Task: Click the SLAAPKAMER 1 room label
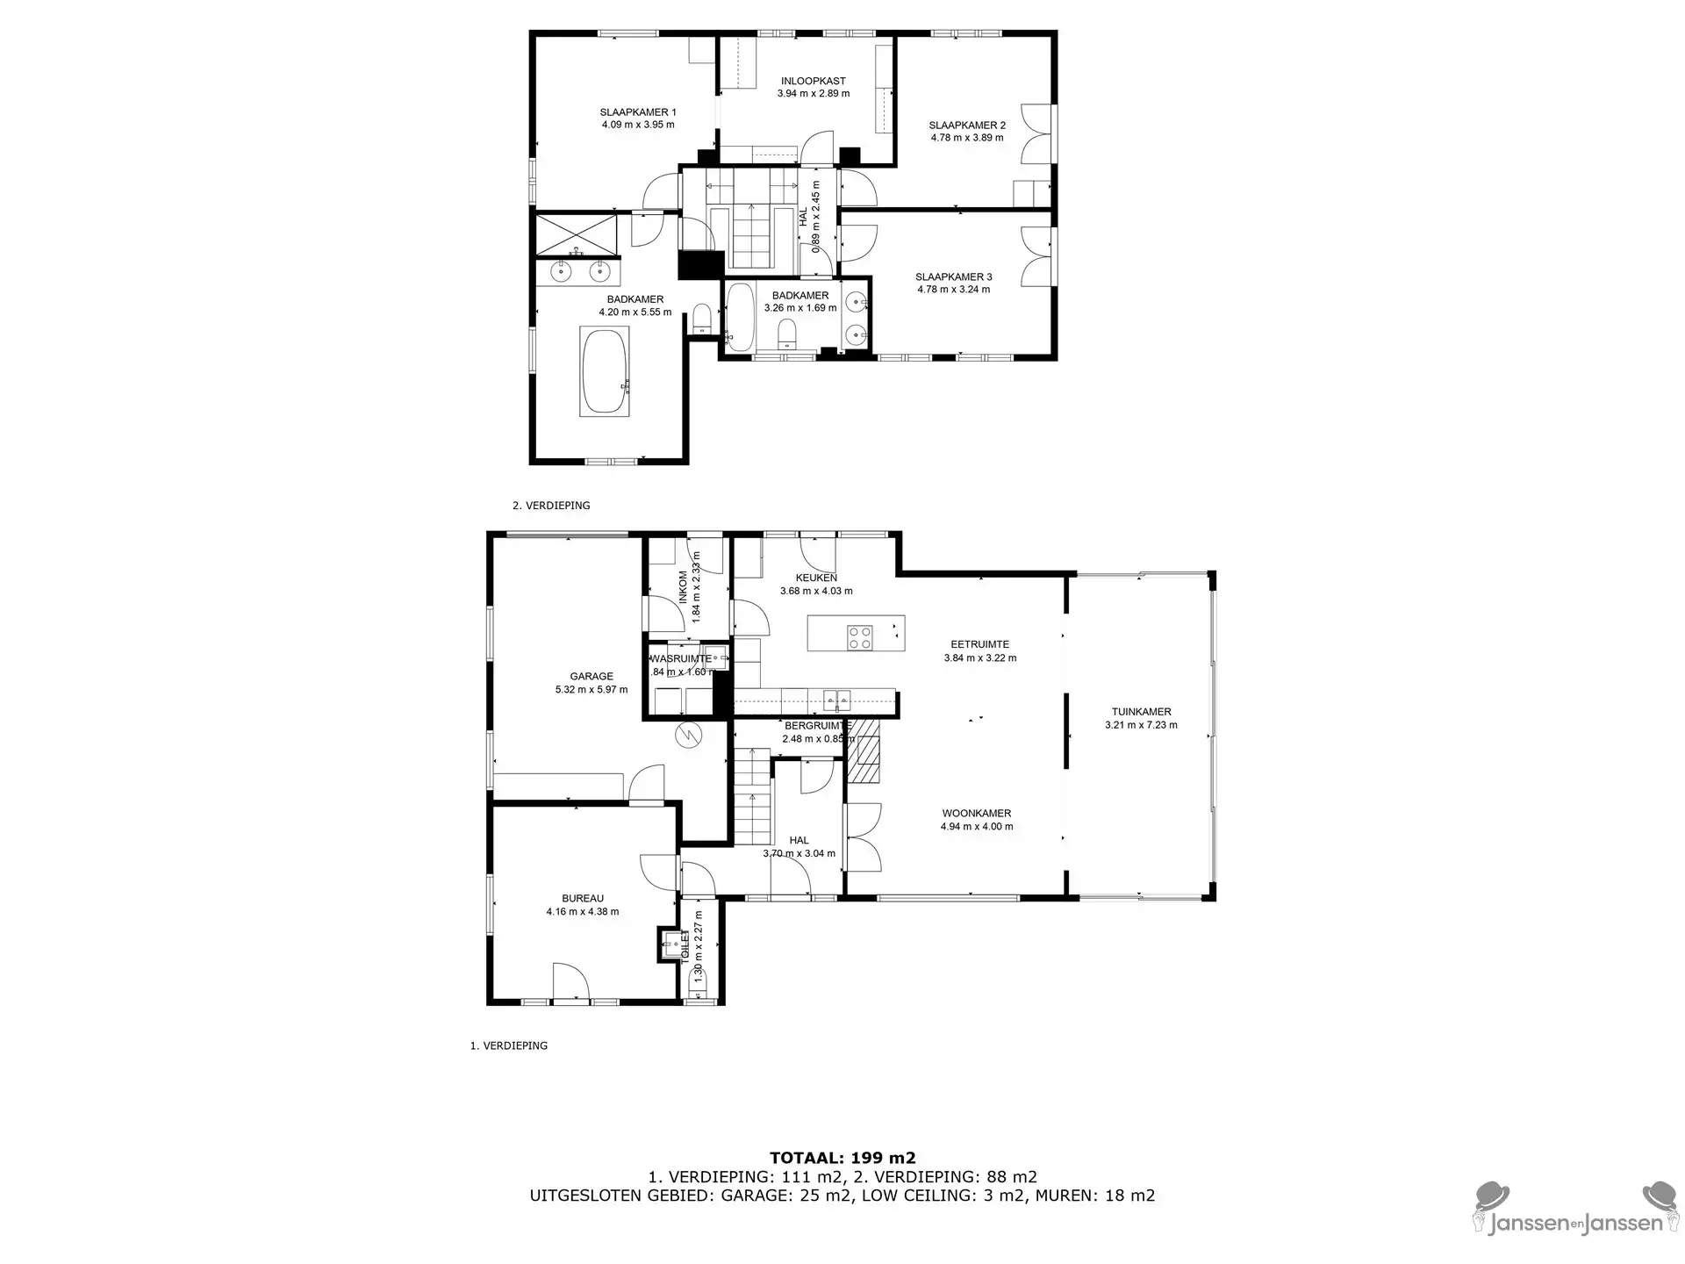point(638,112)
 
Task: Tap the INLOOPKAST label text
point(814,81)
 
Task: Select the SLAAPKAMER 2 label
point(967,126)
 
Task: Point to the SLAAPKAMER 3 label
point(954,277)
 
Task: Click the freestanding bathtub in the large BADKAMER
point(604,370)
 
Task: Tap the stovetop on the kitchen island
point(860,636)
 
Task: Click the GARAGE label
point(592,677)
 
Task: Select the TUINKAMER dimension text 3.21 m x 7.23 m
point(1141,725)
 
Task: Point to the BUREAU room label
point(583,899)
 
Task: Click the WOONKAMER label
point(977,814)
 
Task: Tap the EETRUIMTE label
point(980,644)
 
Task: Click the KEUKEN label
point(816,578)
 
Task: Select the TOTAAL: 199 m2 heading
point(842,1159)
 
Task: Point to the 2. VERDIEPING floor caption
point(551,506)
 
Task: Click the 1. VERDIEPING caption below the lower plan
point(509,1045)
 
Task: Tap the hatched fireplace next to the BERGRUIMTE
point(869,750)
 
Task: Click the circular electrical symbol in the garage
point(689,735)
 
